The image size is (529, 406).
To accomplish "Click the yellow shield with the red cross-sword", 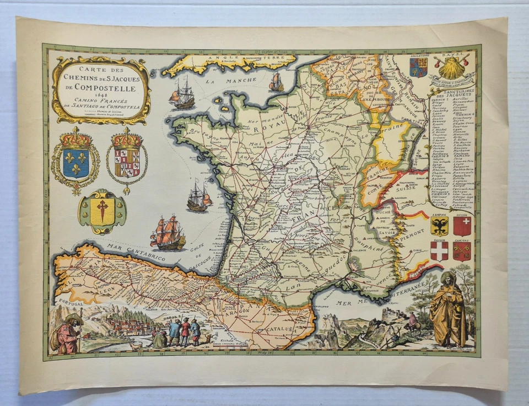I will click(102, 212).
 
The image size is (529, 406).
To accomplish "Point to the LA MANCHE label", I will click(218, 81).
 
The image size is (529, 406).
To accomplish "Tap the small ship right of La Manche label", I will click(276, 83).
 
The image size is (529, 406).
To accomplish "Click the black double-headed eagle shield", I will click(439, 226).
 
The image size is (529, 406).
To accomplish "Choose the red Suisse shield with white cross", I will click(462, 226).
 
